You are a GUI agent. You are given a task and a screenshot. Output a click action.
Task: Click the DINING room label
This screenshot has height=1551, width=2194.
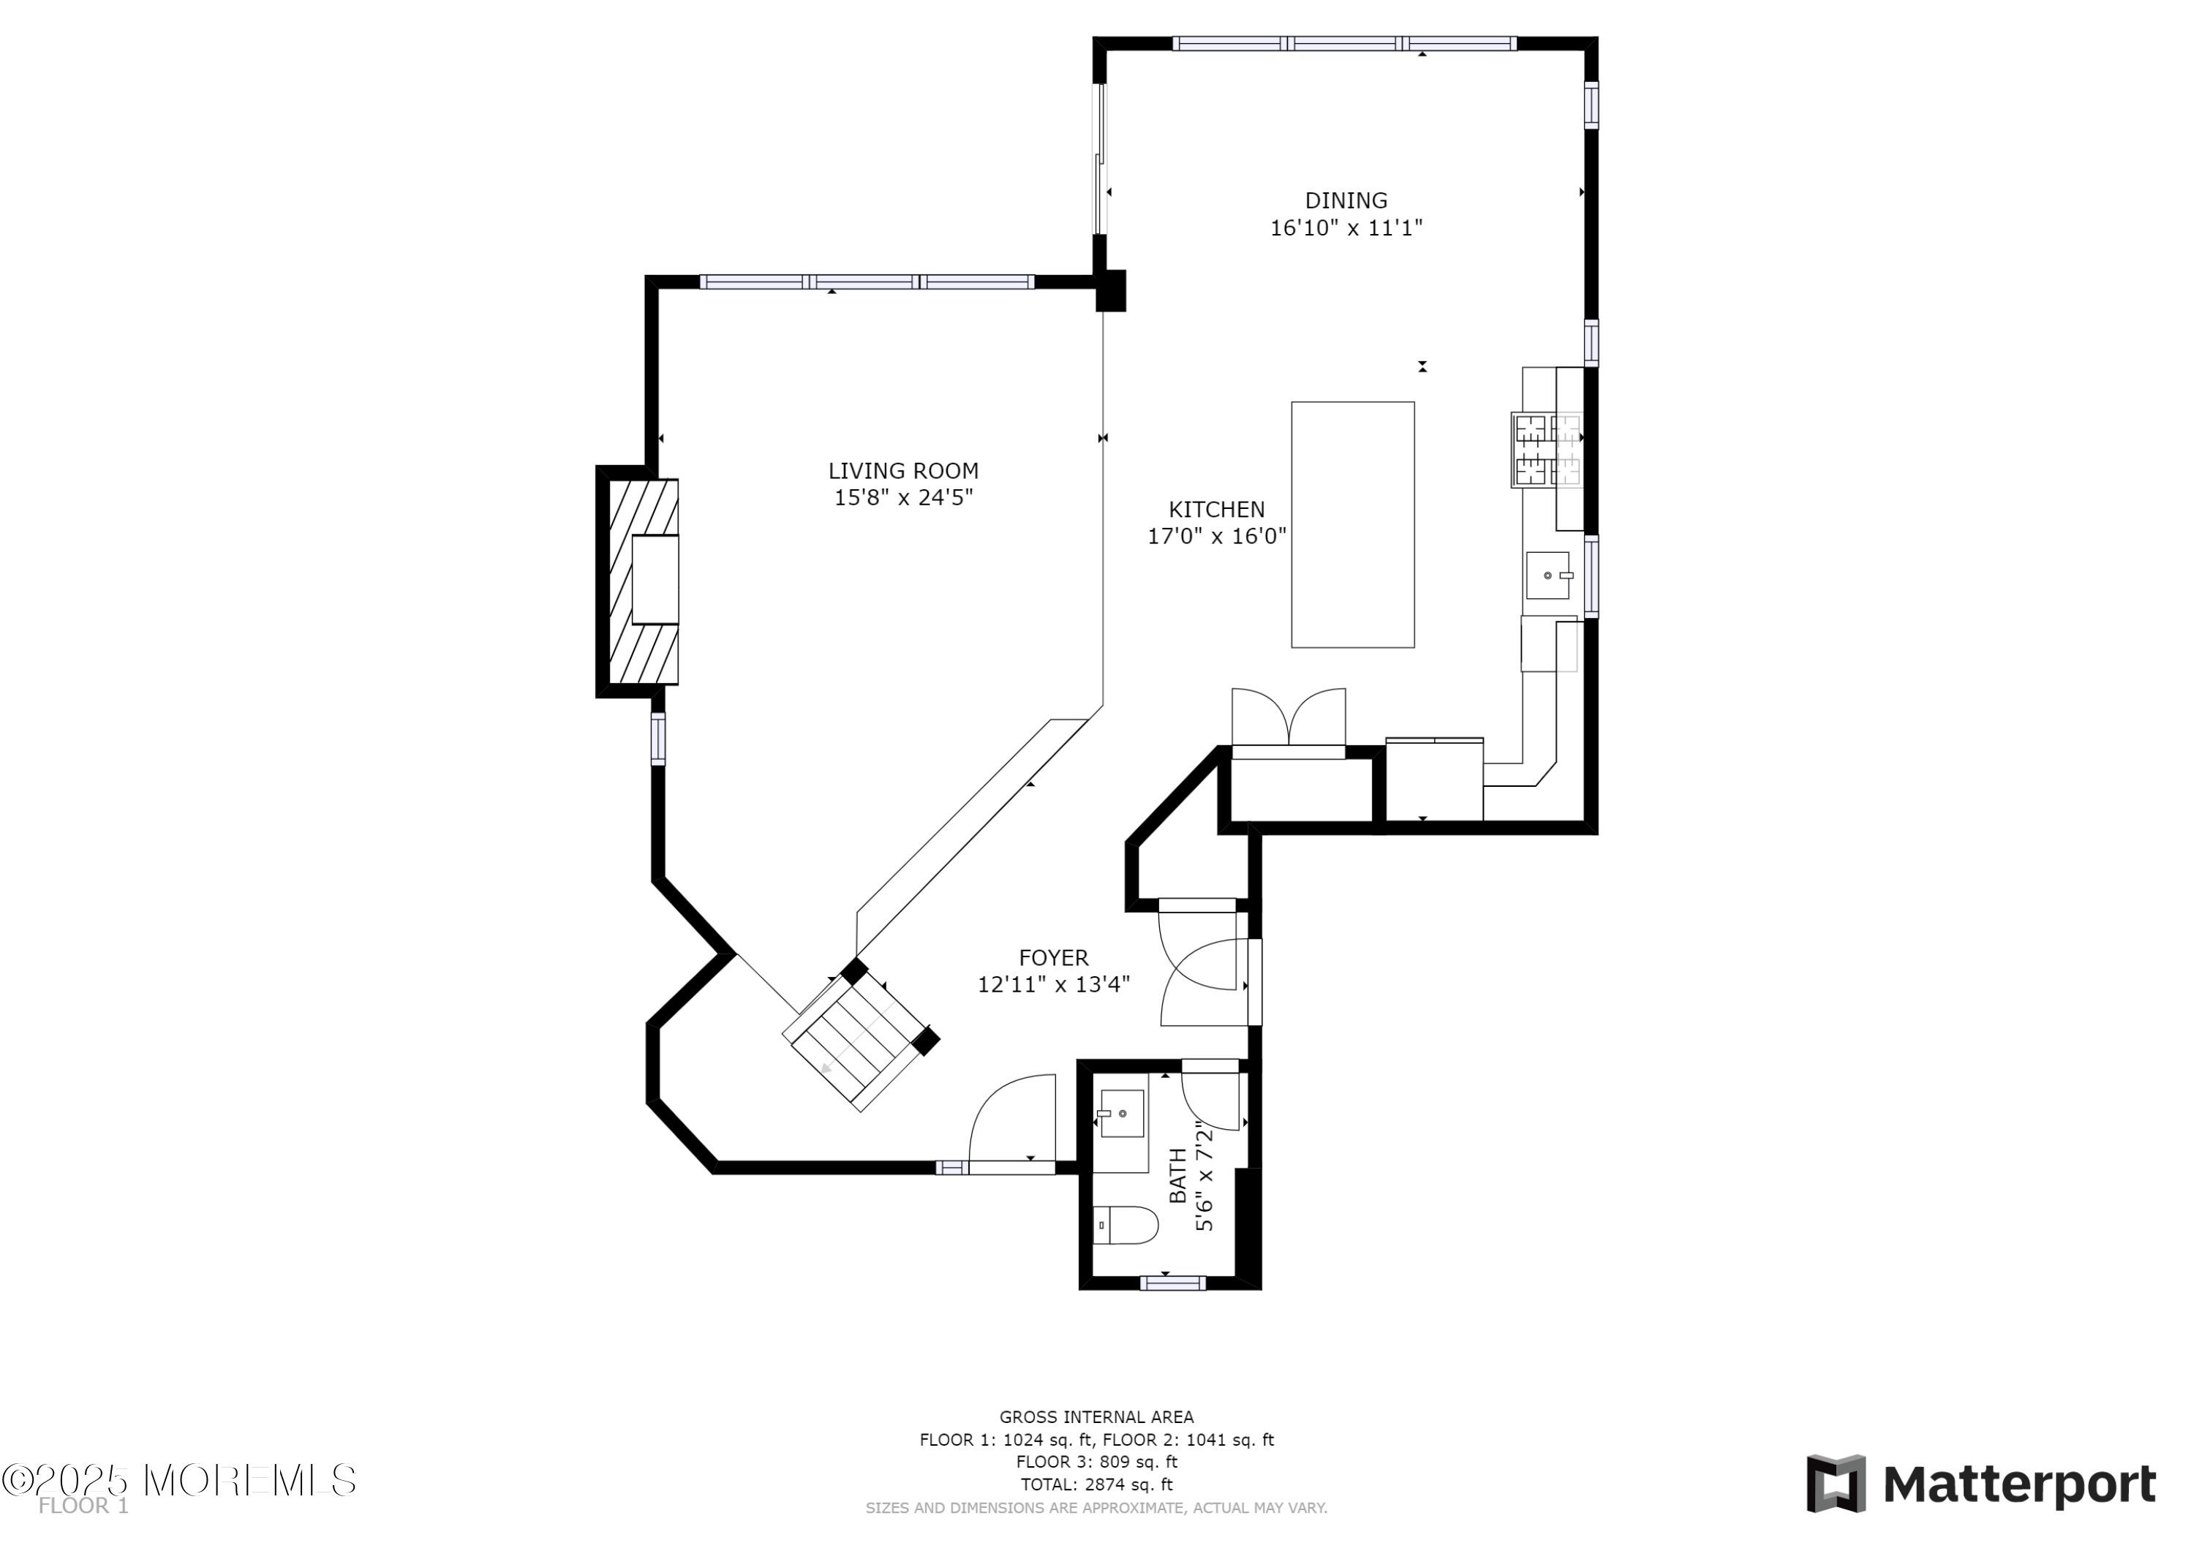(x=1346, y=200)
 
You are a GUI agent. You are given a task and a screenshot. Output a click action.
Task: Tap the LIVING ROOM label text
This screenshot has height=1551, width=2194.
(x=903, y=471)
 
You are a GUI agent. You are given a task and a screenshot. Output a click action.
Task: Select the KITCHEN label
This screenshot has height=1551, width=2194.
(x=1216, y=510)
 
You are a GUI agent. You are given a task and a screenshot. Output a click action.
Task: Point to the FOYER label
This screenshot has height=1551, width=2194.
(x=1053, y=957)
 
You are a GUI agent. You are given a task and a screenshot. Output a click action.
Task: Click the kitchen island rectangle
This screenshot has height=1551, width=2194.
(x=1352, y=524)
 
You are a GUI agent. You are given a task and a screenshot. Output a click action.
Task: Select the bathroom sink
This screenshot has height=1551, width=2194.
(x=1121, y=1114)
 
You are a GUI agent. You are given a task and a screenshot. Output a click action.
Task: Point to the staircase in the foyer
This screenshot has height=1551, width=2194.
(x=860, y=1037)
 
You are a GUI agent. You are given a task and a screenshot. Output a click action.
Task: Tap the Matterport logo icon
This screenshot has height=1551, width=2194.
(x=1835, y=1483)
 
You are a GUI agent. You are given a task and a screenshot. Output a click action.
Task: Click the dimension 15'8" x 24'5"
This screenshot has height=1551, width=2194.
(x=903, y=498)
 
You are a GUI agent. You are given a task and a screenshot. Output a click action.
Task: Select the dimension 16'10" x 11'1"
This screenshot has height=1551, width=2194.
(x=1346, y=228)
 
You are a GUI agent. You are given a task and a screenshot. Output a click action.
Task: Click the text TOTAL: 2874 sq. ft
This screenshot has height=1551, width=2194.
(x=1096, y=1484)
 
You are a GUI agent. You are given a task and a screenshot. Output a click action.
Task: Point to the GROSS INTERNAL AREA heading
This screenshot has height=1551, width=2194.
(x=1096, y=1417)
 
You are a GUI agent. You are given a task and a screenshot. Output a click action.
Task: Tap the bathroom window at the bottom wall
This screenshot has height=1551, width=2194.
(x=1172, y=1283)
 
